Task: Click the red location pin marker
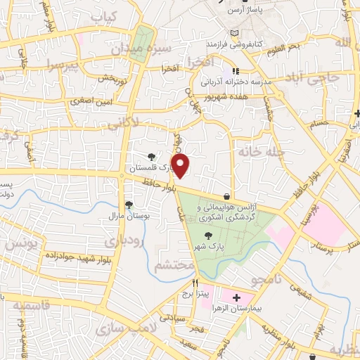(x=181, y=167)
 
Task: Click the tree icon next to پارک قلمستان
(x=151, y=157)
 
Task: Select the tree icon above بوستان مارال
(x=129, y=204)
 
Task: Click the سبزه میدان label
(x=139, y=50)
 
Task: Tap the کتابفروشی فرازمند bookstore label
(x=233, y=44)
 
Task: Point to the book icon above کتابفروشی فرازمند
(x=235, y=33)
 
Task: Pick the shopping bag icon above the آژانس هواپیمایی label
(x=226, y=196)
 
